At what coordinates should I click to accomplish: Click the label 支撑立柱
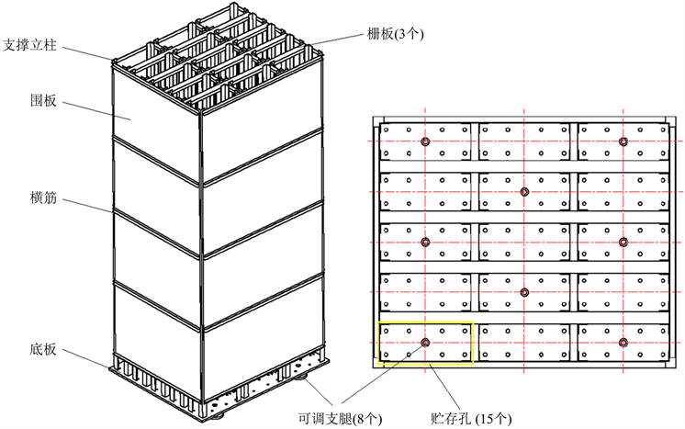[32, 43]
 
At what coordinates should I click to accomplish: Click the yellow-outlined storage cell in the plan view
[426, 343]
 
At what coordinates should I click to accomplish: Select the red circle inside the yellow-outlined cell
[425, 343]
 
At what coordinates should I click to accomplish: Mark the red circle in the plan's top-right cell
[623, 141]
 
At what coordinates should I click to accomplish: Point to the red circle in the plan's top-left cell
[425, 141]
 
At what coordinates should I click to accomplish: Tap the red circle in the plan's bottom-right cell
[623, 343]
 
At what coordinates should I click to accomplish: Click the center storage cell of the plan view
[524, 242]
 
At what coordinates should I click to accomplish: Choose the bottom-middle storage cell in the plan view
[524, 343]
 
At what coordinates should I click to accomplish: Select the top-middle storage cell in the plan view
[524, 141]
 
